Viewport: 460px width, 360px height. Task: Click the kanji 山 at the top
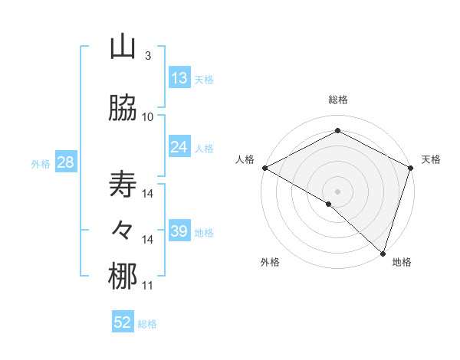click(123, 47)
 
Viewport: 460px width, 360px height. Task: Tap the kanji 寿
click(123, 185)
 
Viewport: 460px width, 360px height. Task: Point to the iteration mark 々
click(123, 230)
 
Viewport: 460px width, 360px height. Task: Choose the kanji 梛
click(123, 277)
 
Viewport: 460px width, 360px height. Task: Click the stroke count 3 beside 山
click(147, 56)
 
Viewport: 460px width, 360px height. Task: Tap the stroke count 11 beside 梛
click(147, 286)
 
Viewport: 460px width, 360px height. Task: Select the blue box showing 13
click(179, 78)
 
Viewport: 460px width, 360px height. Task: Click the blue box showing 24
click(179, 147)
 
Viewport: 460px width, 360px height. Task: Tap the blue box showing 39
click(179, 231)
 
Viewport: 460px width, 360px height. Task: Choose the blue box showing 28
click(64, 162)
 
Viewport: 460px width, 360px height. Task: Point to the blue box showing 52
click(123, 322)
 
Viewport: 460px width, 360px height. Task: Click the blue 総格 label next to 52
click(147, 324)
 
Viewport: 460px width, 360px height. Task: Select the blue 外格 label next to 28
click(41, 163)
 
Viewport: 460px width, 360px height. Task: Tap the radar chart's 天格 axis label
click(431, 159)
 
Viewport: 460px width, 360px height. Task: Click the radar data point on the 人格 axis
click(264, 168)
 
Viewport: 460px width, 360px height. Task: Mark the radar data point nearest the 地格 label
click(383, 254)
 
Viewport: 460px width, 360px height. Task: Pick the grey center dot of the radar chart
click(337, 191)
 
